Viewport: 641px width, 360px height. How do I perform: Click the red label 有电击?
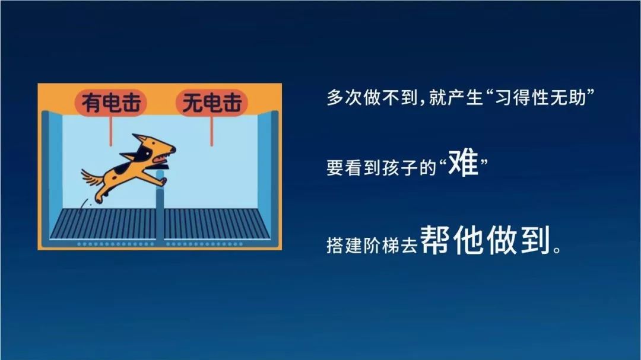pos(110,102)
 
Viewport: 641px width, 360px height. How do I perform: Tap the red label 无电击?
pos(212,102)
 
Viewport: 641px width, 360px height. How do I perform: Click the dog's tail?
pos(93,178)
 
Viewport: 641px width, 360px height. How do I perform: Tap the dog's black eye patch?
pos(144,154)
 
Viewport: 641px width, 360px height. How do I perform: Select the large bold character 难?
pos(463,163)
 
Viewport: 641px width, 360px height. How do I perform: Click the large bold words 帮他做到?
pos(485,240)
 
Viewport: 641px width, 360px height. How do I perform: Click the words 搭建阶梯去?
pos(372,245)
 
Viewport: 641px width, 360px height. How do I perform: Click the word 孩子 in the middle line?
pos(400,168)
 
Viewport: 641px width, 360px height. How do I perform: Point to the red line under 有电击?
pos(110,130)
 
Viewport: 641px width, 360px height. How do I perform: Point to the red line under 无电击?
pos(211,130)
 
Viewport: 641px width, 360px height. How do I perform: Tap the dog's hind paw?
pos(99,199)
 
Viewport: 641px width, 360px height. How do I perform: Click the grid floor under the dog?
pos(103,224)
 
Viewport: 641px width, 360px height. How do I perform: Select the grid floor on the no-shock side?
pos(217,224)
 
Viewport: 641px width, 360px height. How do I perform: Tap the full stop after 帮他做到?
pos(556,249)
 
